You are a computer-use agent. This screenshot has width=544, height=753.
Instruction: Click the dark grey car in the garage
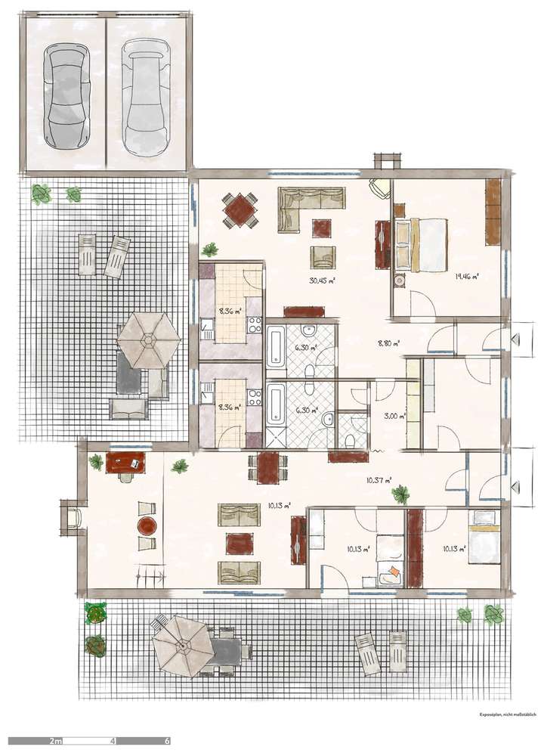[x=68, y=95]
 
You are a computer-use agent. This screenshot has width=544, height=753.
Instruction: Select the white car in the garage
[x=145, y=97]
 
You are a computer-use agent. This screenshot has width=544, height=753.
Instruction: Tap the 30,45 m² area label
[x=323, y=280]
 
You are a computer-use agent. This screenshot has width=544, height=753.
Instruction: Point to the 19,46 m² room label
[x=467, y=276]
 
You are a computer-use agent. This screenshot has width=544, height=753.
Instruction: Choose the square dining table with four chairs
[x=240, y=209]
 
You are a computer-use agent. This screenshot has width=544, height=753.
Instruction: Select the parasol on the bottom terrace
[x=182, y=645]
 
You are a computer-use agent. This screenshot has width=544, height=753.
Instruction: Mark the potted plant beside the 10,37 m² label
[x=400, y=495]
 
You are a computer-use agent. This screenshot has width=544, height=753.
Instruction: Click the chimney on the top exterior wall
[x=387, y=160]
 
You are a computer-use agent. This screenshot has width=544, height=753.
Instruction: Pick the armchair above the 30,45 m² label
[x=323, y=257]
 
